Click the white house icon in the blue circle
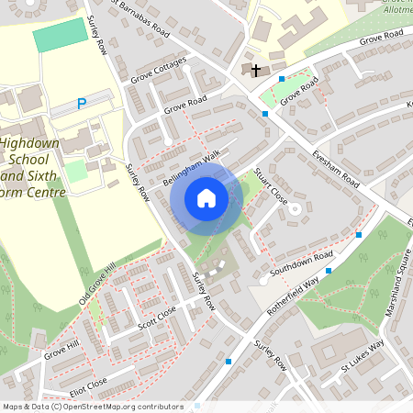[x=206, y=197]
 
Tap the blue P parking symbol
[x=82, y=105]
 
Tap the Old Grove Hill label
[x=97, y=283]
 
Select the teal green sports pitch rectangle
[x=57, y=38]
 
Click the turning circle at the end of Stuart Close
[x=295, y=209]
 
